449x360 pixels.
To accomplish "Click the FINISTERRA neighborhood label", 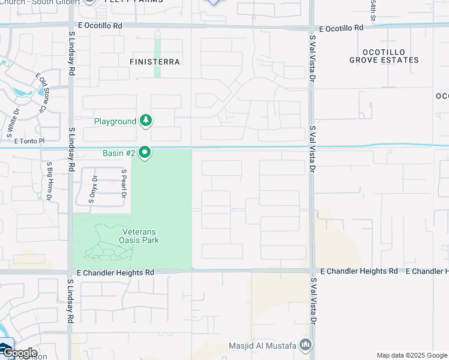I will click(155, 61).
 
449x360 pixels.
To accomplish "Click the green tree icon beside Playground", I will click(145, 121).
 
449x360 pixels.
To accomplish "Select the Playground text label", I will click(115, 121).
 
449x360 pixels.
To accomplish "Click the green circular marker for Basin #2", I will click(145, 153).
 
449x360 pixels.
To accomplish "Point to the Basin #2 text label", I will click(119, 153).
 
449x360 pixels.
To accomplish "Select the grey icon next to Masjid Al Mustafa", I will click(306, 345).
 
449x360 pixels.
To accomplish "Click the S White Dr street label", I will click(11, 120).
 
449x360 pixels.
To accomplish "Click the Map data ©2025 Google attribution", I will click(411, 355).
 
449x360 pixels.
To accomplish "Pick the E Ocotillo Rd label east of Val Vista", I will click(342, 28).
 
